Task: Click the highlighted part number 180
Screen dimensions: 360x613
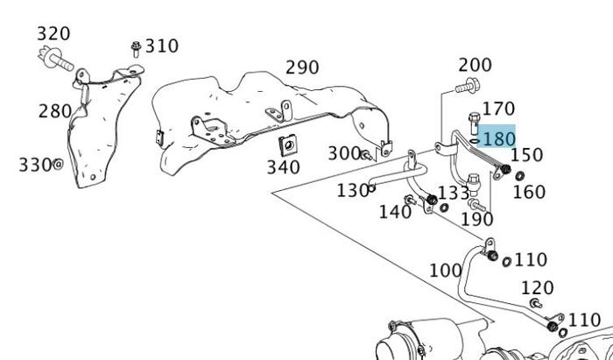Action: (x=498, y=138)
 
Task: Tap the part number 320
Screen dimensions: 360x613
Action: (x=53, y=34)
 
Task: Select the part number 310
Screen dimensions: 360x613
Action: (x=162, y=46)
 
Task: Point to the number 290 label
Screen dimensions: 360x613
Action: (x=302, y=67)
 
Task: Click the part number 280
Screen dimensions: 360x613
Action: (x=55, y=111)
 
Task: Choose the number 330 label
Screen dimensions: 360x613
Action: (x=35, y=165)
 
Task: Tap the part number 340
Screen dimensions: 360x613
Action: (x=284, y=167)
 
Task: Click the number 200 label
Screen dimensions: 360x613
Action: (x=475, y=65)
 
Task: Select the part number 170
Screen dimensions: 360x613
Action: (x=498, y=109)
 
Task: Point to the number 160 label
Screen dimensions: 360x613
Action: (x=528, y=192)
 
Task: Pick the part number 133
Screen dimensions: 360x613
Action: (x=454, y=193)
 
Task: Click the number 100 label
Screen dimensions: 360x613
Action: (x=446, y=270)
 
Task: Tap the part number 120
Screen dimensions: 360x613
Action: (x=537, y=287)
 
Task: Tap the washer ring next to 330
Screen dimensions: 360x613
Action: (x=59, y=164)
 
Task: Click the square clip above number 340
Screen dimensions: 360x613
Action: (x=285, y=145)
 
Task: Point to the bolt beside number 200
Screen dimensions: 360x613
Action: (x=467, y=86)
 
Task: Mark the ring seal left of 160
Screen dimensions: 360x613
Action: (x=518, y=176)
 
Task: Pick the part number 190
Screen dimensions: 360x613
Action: (x=476, y=218)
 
